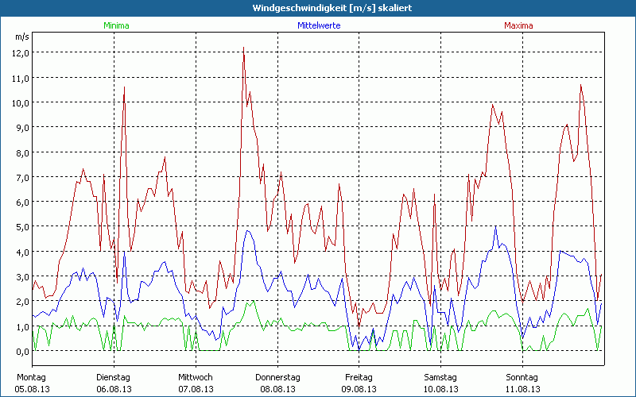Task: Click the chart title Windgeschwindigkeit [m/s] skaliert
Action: coord(318,7)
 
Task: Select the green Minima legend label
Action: coord(116,25)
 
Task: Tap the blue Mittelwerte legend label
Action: coord(319,25)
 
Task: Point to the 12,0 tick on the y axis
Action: coord(21,52)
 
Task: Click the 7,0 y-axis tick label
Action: coord(21,177)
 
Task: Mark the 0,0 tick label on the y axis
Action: coord(21,351)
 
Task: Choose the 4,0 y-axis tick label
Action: coord(21,252)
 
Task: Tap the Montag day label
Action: coord(32,377)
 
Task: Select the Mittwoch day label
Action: coord(195,377)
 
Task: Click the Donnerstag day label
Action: coord(277,377)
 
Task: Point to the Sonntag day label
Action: coord(522,377)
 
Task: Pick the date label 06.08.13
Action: coord(114,389)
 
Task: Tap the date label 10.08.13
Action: coord(440,389)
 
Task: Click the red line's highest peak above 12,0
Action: coord(243,48)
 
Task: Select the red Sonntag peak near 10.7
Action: coord(580,85)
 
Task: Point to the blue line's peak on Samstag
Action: coord(495,227)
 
